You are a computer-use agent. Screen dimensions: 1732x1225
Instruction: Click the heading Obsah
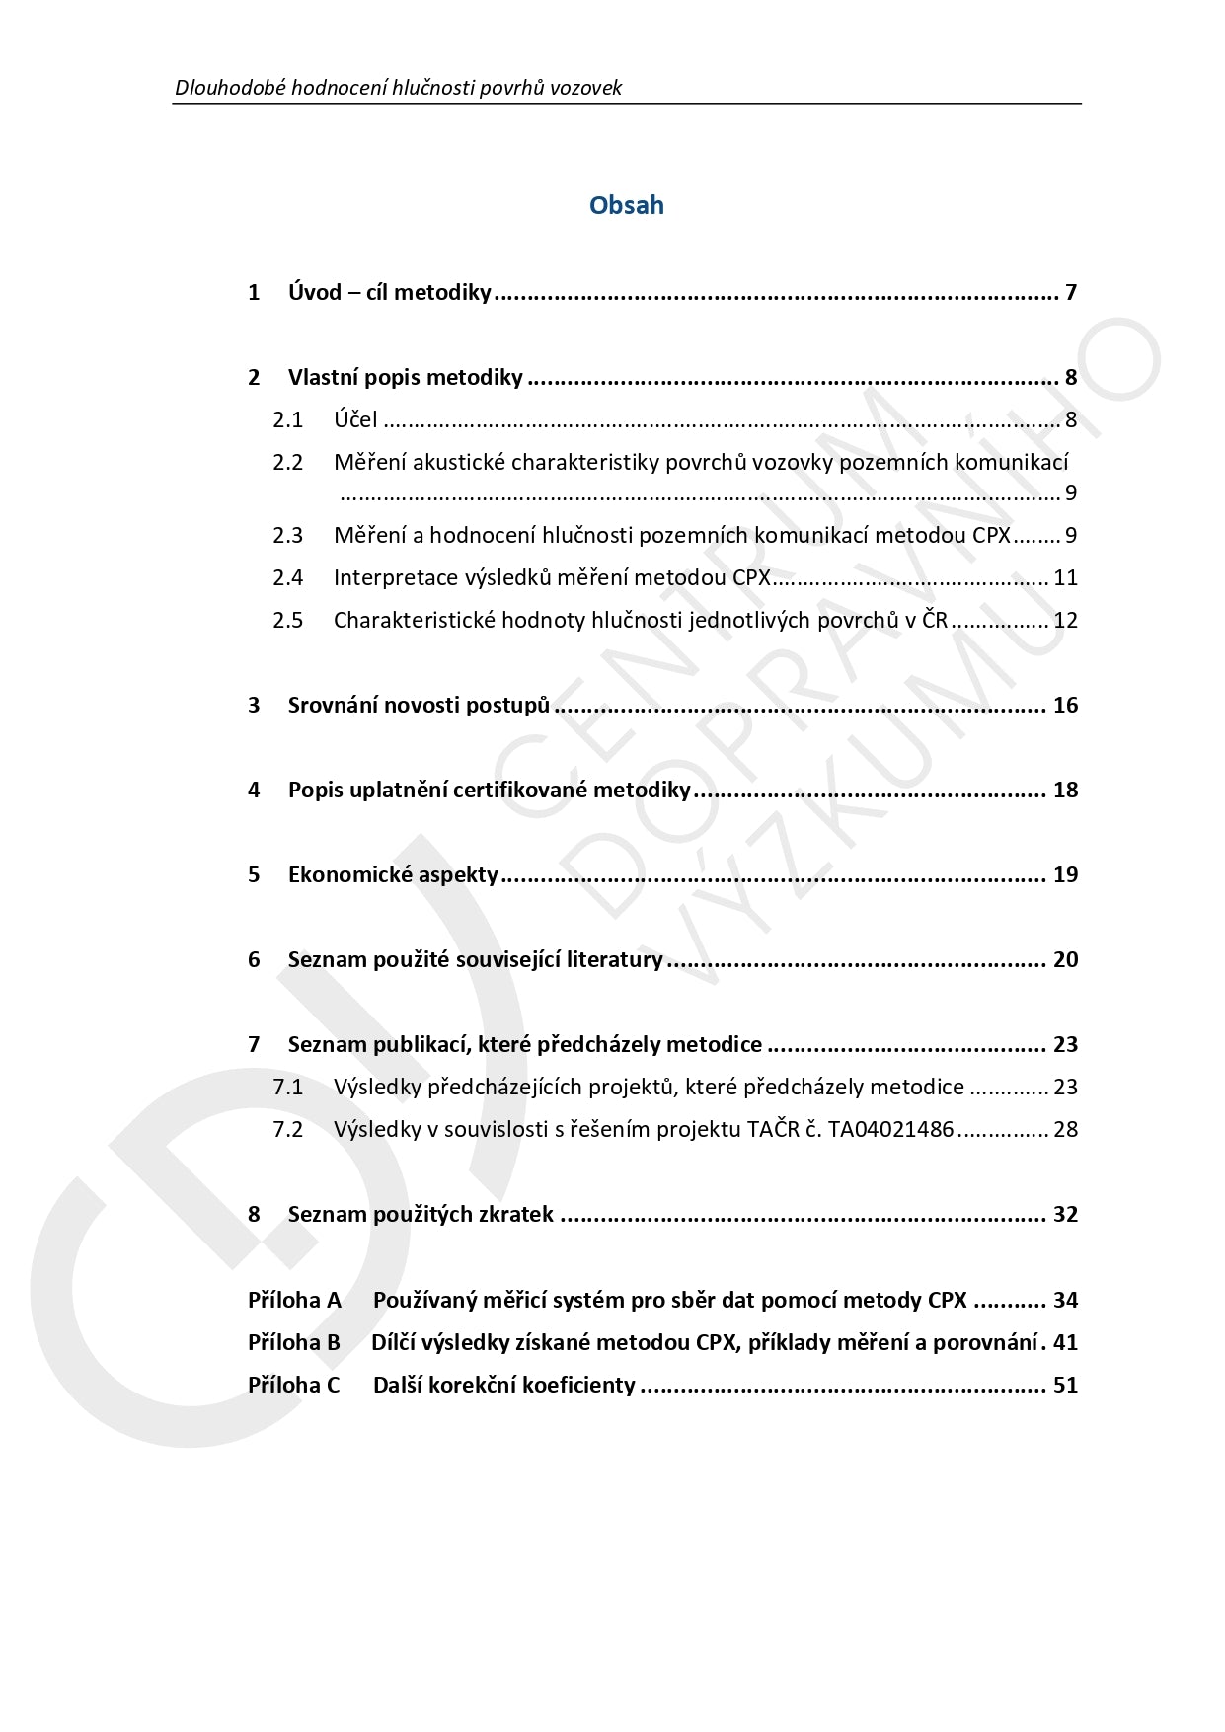tap(626, 205)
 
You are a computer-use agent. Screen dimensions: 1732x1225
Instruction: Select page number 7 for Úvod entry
tap(1070, 292)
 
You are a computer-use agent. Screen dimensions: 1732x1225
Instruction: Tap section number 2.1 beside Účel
tap(287, 420)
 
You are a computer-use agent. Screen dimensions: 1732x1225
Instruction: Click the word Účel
tap(354, 419)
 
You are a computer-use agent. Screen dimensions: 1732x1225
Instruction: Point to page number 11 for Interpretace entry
tap(1065, 577)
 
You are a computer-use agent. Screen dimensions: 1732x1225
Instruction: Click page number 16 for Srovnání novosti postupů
tap(1065, 705)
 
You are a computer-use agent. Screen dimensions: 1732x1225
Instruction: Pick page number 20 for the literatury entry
tap(1065, 959)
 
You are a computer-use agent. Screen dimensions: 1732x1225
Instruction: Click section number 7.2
tap(287, 1129)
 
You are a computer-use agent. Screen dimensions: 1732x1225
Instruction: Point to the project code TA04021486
tap(890, 1129)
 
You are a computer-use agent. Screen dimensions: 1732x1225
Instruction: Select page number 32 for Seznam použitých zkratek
tap(1065, 1214)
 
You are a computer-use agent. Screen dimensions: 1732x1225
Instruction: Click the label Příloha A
tap(293, 1300)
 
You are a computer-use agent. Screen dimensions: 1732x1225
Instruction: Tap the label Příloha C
tap(293, 1385)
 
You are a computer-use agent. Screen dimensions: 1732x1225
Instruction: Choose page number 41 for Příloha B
tap(1065, 1342)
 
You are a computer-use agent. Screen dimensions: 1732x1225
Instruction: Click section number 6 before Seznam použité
tap(254, 959)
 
